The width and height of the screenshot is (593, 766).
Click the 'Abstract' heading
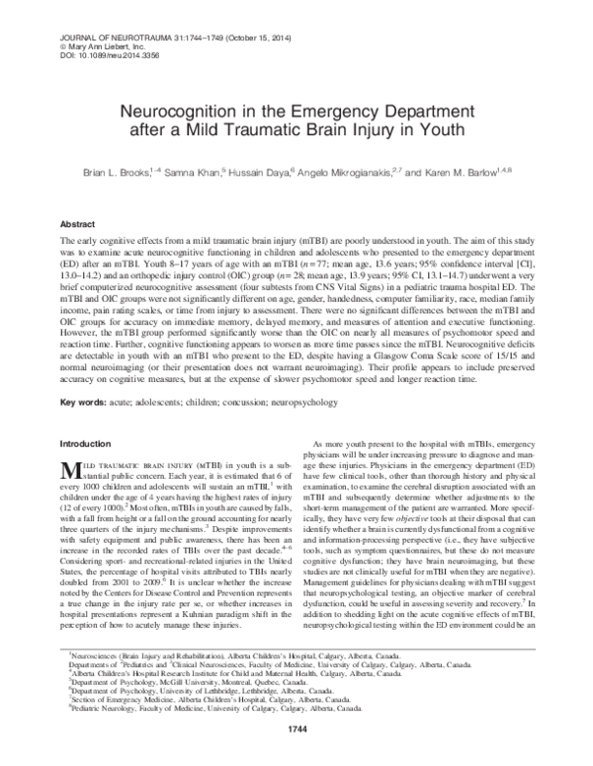[80, 225]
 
